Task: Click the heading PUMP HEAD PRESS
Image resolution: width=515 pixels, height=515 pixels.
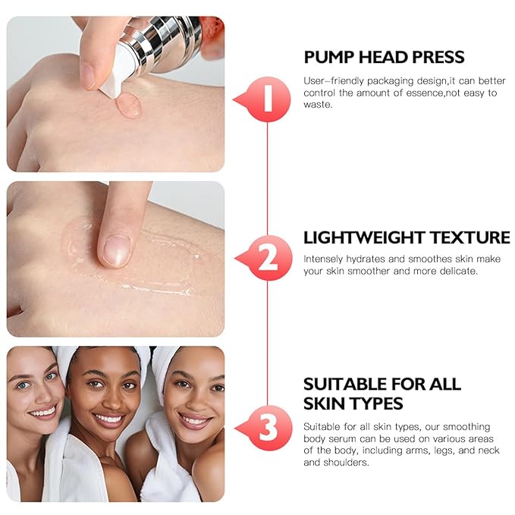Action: (x=384, y=58)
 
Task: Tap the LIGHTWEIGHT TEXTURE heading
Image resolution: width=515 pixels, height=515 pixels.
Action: (x=407, y=237)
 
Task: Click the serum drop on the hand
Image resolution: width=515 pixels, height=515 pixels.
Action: (x=129, y=106)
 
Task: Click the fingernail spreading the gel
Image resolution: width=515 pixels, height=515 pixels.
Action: (x=116, y=250)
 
